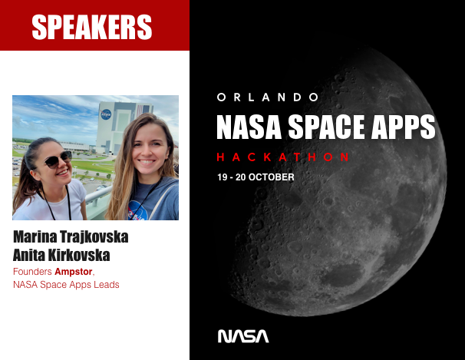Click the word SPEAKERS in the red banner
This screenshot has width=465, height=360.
[92, 27]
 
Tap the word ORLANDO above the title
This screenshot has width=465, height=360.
[267, 97]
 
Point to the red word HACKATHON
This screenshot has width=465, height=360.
[283, 157]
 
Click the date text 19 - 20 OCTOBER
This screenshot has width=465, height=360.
[256, 177]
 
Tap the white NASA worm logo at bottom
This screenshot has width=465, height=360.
[243, 335]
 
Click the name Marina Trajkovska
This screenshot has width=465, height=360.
[71, 237]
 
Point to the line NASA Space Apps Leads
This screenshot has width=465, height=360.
[66, 285]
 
